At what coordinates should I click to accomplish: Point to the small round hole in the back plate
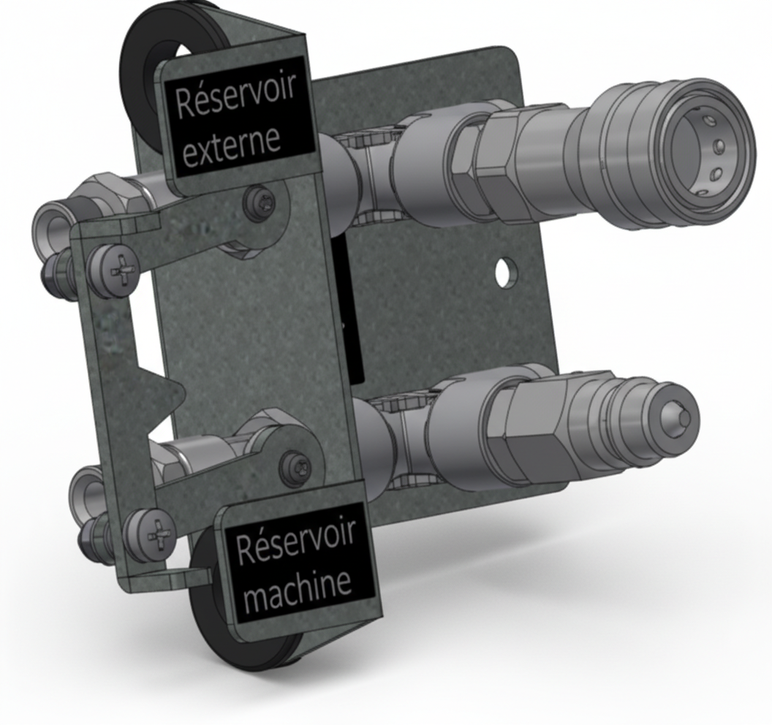tap(503, 272)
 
